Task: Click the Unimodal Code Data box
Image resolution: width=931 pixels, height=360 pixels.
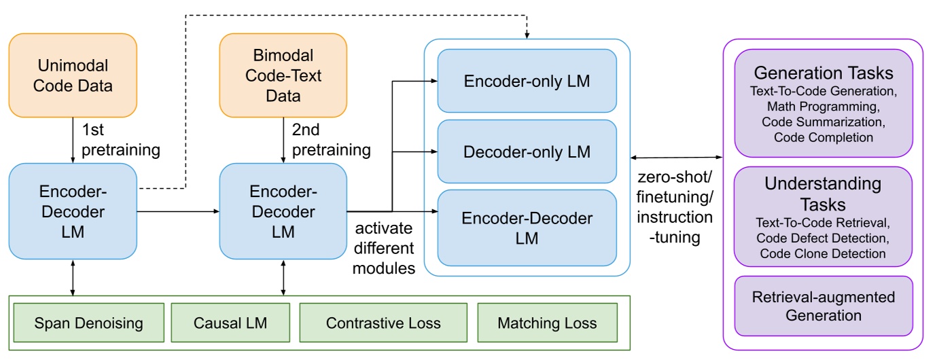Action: click(73, 75)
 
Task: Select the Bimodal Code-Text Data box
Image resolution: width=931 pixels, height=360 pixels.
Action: click(283, 75)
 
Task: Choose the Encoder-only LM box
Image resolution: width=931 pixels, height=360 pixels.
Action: click(527, 81)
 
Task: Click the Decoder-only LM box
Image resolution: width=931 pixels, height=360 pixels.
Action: click(527, 151)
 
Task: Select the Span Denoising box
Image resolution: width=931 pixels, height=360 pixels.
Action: click(88, 323)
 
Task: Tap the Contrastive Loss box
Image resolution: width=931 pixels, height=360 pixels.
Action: click(383, 323)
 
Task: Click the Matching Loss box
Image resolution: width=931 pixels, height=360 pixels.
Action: click(547, 323)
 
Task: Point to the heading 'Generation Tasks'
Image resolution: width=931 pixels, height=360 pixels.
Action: click(823, 72)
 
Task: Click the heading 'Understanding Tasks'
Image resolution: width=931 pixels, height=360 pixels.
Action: click(823, 194)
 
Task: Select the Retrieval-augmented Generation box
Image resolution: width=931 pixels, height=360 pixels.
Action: click(823, 306)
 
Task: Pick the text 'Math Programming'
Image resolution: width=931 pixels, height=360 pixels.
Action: click(823, 107)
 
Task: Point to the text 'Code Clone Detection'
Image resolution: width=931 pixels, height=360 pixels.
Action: click(823, 253)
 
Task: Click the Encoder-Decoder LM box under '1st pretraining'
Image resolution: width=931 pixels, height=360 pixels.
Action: click(73, 211)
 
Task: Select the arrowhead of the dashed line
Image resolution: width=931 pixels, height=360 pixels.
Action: click(527, 35)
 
